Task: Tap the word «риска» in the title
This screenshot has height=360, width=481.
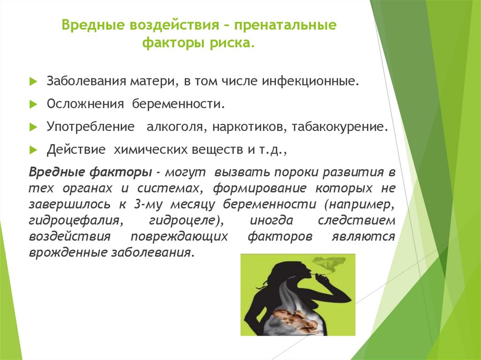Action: [233, 43]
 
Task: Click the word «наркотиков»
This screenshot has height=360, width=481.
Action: [249, 127]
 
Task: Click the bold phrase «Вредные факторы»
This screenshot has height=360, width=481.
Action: [90, 172]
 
